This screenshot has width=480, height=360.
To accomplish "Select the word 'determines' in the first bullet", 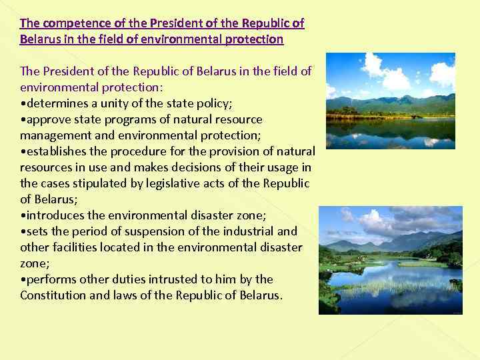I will (x=53, y=103).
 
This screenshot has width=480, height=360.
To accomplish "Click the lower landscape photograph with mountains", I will (x=390, y=260).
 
